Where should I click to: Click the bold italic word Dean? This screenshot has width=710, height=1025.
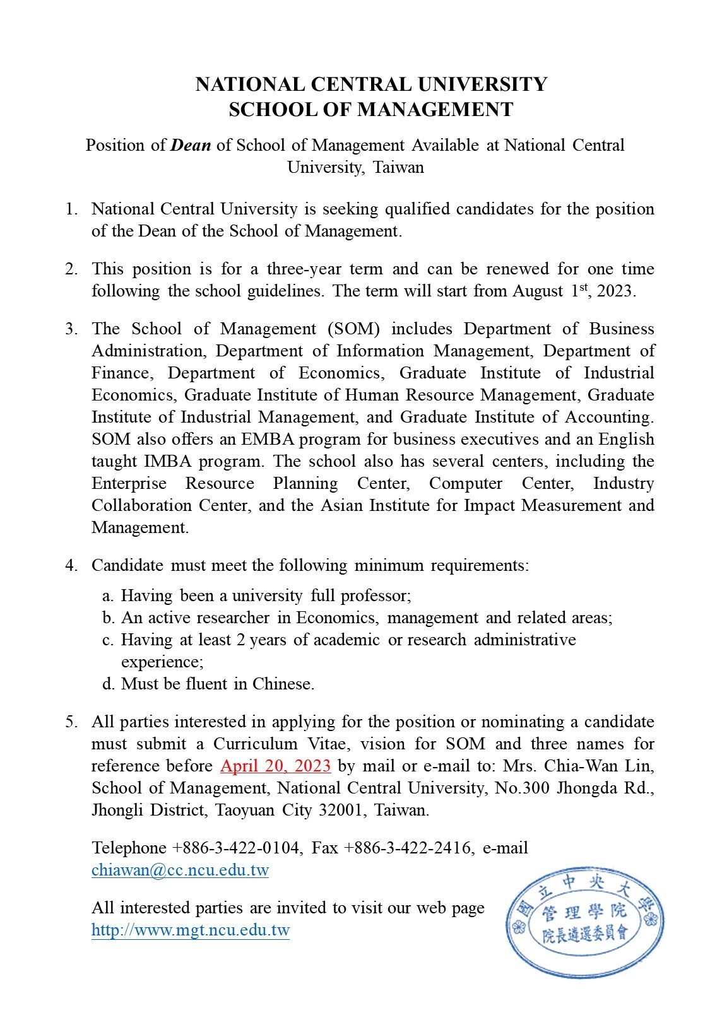[191, 146]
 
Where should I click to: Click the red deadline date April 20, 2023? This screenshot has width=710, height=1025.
[275, 766]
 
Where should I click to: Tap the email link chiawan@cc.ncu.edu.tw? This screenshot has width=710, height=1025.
[180, 870]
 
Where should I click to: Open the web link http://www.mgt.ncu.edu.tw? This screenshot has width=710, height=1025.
[190, 930]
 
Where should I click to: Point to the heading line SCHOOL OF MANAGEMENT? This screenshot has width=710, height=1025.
[370, 110]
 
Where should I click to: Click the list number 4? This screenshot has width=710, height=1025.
[70, 565]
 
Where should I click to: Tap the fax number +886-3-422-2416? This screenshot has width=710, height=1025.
[408, 848]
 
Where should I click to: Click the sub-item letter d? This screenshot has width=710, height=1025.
[107, 684]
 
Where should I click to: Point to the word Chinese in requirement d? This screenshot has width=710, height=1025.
[282, 684]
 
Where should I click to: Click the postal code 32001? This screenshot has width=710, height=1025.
[342, 810]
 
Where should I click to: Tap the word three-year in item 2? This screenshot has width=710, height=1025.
[304, 269]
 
